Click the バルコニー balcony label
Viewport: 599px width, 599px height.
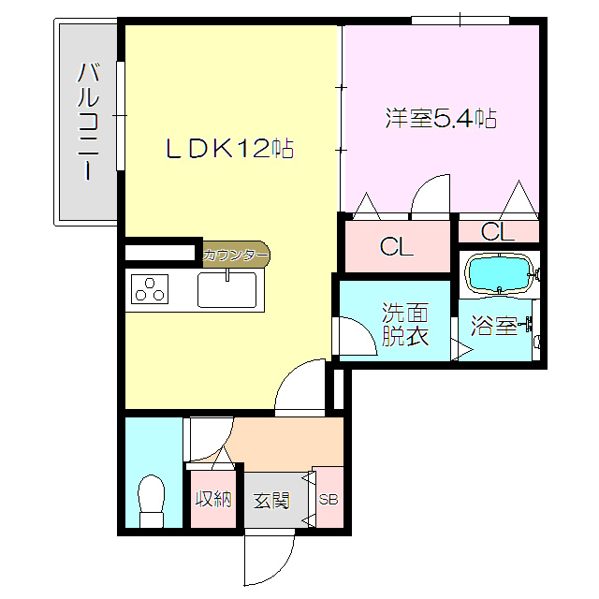(89, 121)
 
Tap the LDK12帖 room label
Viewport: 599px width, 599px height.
(230, 148)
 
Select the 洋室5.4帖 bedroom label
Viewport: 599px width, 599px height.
(440, 119)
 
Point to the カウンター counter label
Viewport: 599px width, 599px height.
(236, 254)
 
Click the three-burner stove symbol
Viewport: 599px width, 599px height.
(150, 290)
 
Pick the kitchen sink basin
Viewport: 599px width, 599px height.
(229, 289)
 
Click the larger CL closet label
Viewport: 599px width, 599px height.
(396, 247)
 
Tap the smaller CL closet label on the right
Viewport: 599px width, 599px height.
(497, 230)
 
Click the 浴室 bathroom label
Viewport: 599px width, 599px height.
(493, 327)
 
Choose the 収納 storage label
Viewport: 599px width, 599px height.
(212, 499)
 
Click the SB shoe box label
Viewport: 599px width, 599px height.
(328, 499)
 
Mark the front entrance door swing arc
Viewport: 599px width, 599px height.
(270, 559)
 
